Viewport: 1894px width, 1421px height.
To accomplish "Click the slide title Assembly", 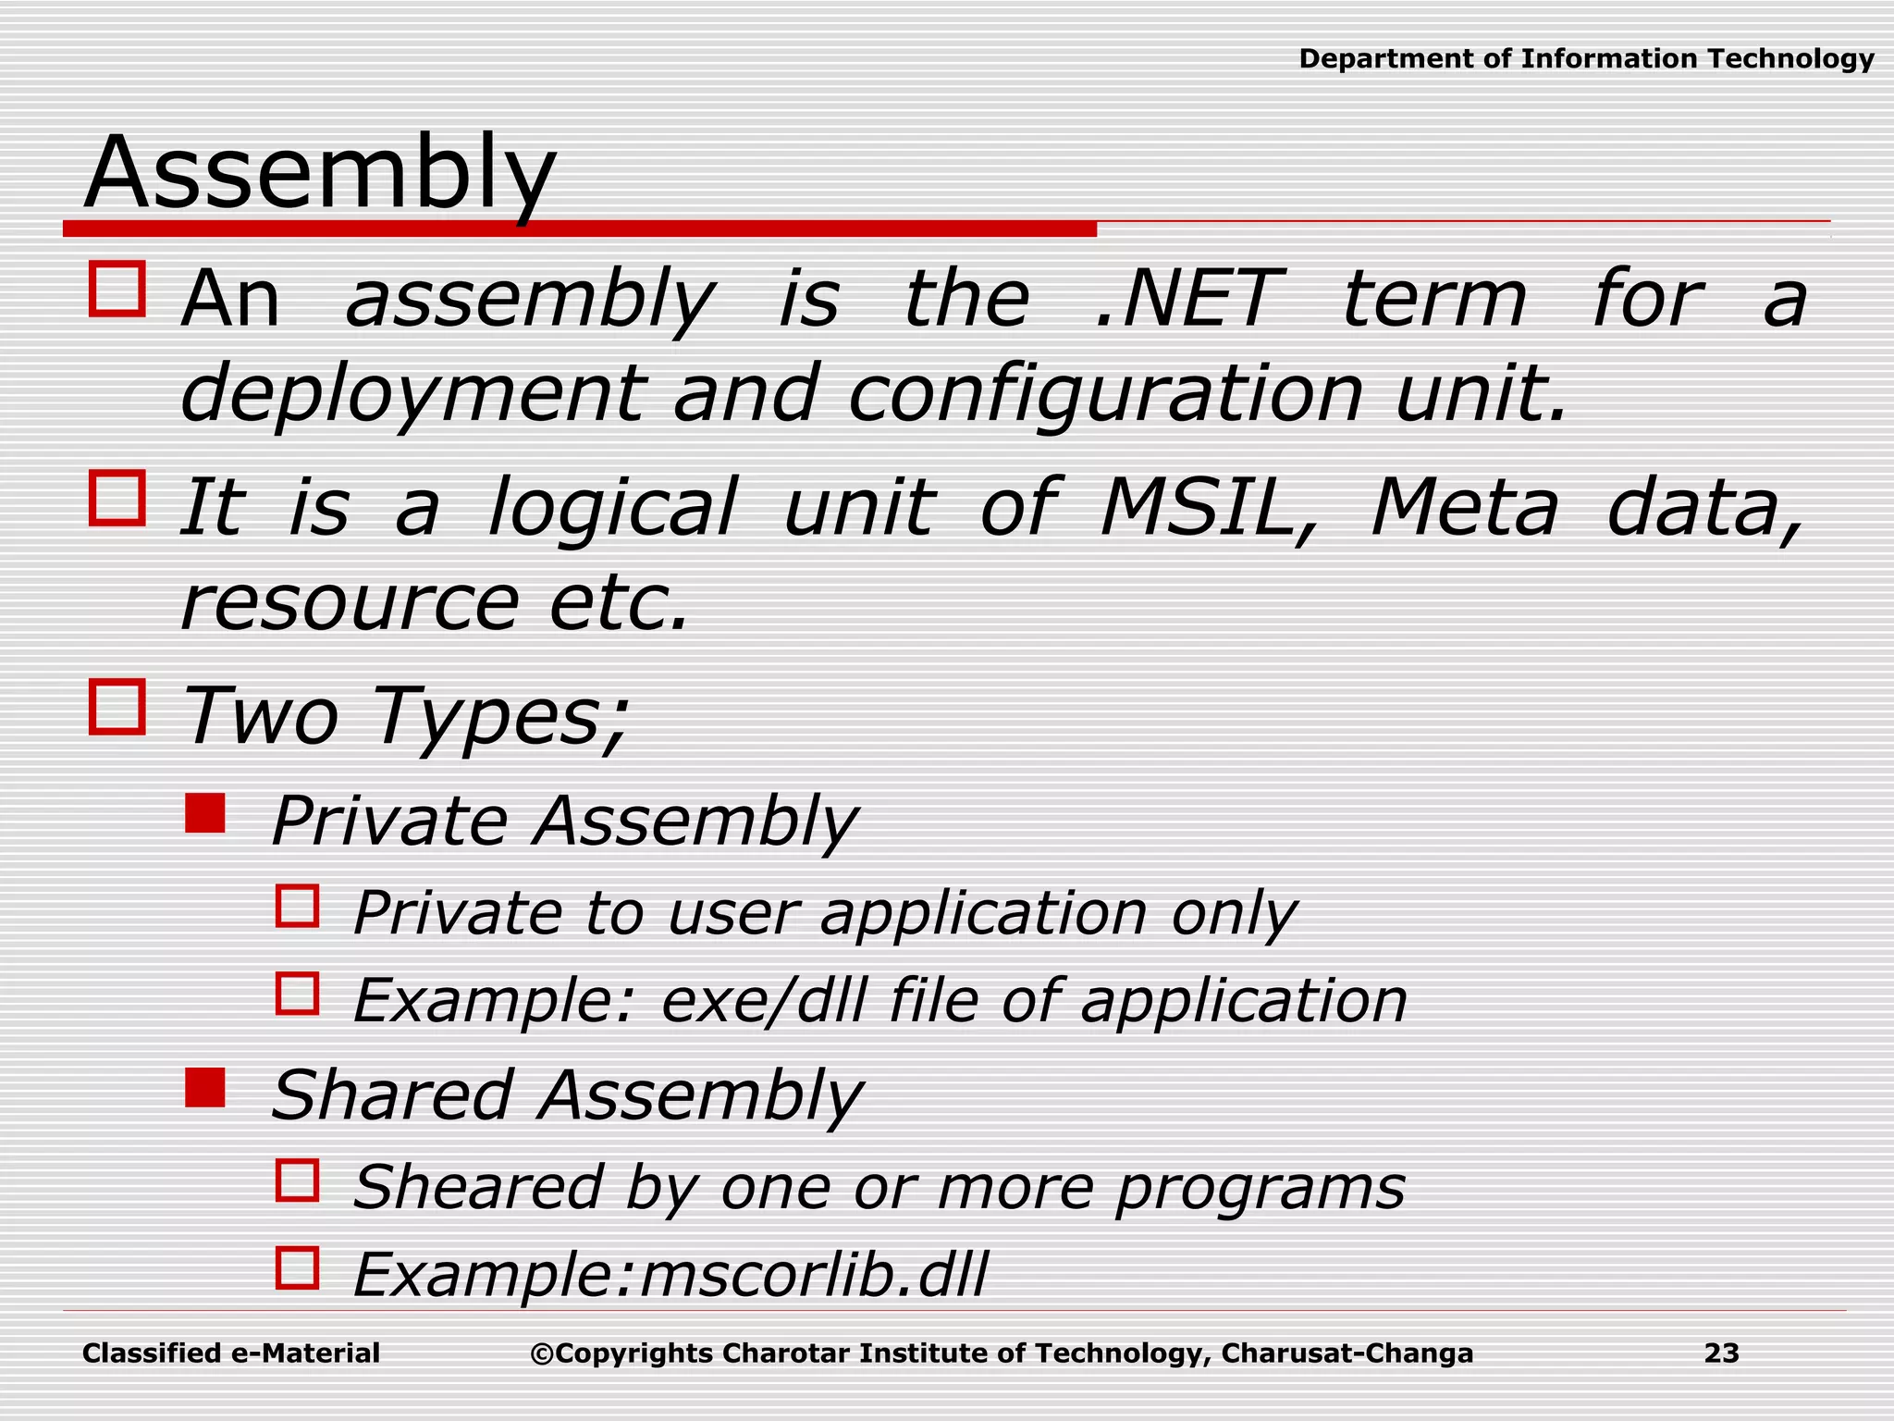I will (x=320, y=174).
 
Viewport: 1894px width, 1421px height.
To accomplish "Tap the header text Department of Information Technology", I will (x=1586, y=59).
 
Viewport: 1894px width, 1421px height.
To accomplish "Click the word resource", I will (x=350, y=603).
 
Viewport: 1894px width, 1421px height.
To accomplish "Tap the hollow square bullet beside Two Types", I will (x=117, y=708).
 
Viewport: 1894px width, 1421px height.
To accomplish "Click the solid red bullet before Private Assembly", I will (x=205, y=814).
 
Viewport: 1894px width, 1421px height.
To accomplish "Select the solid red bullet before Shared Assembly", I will (x=205, y=1088).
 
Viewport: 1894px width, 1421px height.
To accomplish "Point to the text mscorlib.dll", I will (x=814, y=1275).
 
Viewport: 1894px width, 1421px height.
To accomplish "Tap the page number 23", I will (x=1721, y=1353).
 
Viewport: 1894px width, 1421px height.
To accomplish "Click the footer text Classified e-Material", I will (x=231, y=1353).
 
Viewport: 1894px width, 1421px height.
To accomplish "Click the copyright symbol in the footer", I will (x=541, y=1354).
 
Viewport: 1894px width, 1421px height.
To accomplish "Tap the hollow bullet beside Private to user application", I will (x=298, y=907).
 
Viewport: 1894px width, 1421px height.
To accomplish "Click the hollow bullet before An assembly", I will (x=117, y=290).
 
